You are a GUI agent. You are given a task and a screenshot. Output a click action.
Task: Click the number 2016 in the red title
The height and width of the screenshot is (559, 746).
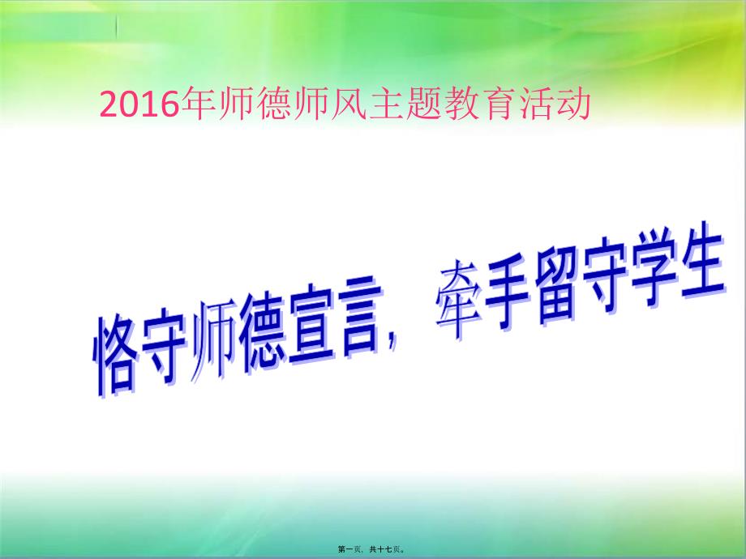139,105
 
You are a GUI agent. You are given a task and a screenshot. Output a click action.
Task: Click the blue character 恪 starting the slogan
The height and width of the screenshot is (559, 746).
115,353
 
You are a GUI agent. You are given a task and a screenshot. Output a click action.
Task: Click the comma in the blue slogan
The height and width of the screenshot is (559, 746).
392,341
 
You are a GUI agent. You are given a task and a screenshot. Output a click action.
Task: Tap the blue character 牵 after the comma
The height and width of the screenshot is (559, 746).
457,300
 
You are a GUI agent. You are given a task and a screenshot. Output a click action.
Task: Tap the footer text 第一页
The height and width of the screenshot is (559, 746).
349,549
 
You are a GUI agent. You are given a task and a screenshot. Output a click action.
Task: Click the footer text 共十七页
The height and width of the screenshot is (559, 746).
386,549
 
